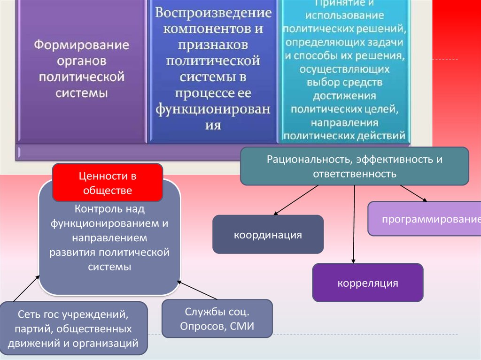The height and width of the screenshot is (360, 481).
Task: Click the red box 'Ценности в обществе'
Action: click(x=107, y=183)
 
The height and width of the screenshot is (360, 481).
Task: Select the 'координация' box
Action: click(x=268, y=234)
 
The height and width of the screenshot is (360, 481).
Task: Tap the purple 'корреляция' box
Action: click(x=367, y=283)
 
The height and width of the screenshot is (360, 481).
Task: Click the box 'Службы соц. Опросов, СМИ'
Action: click(x=217, y=319)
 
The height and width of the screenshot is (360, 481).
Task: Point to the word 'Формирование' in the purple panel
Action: click(x=81, y=46)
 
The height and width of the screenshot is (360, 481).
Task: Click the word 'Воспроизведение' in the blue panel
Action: click(x=213, y=13)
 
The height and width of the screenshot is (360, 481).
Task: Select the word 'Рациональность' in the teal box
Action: click(x=309, y=160)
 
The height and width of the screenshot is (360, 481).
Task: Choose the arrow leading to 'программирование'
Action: click(x=413, y=193)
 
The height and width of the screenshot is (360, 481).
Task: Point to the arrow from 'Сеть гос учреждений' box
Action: click(x=25, y=288)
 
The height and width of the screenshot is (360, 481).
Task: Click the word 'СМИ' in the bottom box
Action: click(x=242, y=326)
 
